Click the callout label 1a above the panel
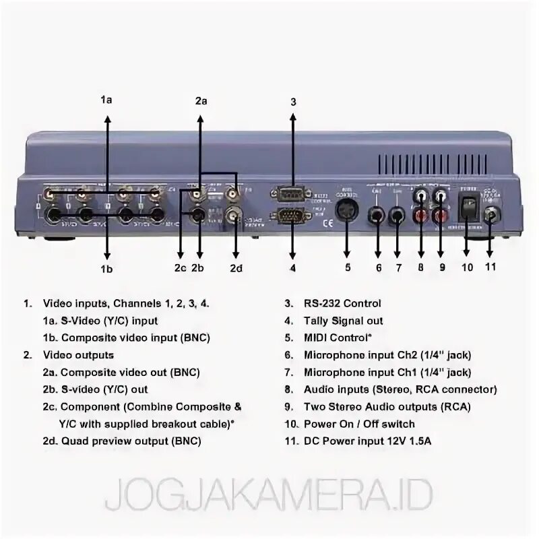point(106,99)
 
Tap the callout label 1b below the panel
point(107,269)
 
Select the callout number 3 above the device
point(293,102)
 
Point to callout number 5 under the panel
point(348,267)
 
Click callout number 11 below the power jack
point(490,266)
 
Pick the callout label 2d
point(235,267)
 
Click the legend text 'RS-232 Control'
point(342,303)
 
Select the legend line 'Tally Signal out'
point(343,321)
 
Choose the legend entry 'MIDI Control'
point(338,338)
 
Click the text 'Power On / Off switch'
point(359,424)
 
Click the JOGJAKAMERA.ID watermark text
point(269,496)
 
